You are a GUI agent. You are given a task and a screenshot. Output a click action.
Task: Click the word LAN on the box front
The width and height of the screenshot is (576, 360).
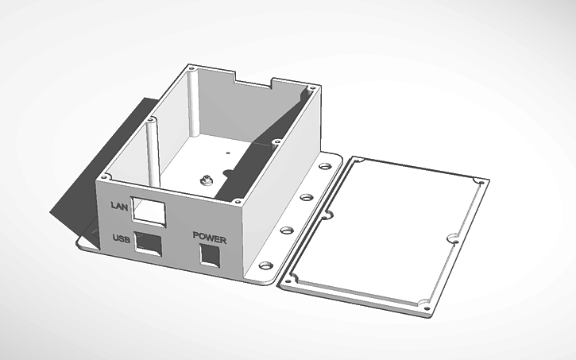[118, 206]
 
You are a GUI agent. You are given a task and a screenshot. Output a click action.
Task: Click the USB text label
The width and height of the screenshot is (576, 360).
[121, 238]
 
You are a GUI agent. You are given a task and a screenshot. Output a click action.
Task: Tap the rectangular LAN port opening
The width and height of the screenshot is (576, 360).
[148, 210]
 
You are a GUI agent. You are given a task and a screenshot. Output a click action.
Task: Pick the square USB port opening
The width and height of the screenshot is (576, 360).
[148, 242]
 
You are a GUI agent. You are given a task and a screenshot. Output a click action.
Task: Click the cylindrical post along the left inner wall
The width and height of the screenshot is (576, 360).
[151, 151]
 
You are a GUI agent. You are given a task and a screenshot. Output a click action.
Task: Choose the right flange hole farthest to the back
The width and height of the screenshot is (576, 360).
[326, 167]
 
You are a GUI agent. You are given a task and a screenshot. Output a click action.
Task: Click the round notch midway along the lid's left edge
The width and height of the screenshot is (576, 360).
[326, 215]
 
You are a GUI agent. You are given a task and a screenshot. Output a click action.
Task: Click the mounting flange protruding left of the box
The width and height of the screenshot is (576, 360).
[87, 242]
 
